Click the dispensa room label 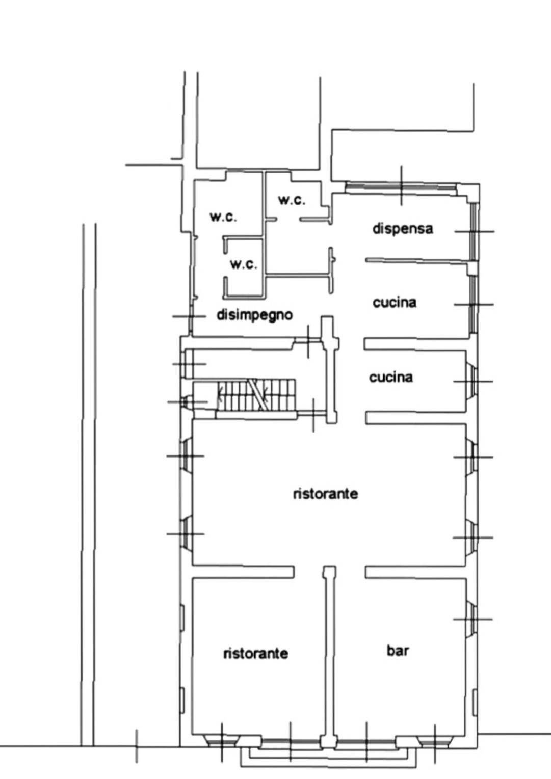403,229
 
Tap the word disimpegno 255,315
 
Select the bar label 398,650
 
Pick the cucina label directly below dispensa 395,303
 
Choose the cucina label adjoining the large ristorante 391,378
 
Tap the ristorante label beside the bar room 256,654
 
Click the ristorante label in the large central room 326,494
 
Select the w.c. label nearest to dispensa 292,200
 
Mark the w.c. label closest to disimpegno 244,264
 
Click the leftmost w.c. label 223,217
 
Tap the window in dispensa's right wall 474,232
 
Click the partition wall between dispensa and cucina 417,261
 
